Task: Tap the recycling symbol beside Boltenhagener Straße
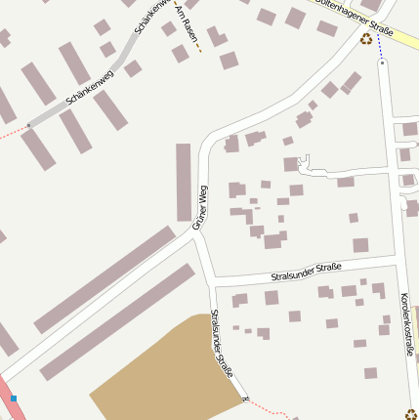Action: (x=366, y=40)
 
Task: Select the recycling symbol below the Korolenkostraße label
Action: (x=411, y=413)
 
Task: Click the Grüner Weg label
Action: (x=200, y=207)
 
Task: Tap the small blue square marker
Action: (x=14, y=399)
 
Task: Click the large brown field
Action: (x=166, y=376)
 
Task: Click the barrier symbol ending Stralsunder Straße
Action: (x=246, y=399)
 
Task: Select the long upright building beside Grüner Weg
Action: (x=184, y=182)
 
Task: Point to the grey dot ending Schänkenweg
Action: (x=29, y=125)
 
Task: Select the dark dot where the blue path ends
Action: (x=382, y=63)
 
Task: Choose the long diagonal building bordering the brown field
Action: (x=117, y=322)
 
